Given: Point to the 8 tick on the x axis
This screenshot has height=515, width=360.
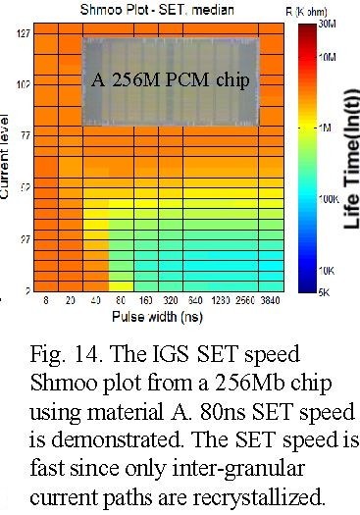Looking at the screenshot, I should (x=46, y=303).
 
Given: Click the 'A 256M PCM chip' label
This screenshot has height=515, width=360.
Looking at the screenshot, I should (x=166, y=76).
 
